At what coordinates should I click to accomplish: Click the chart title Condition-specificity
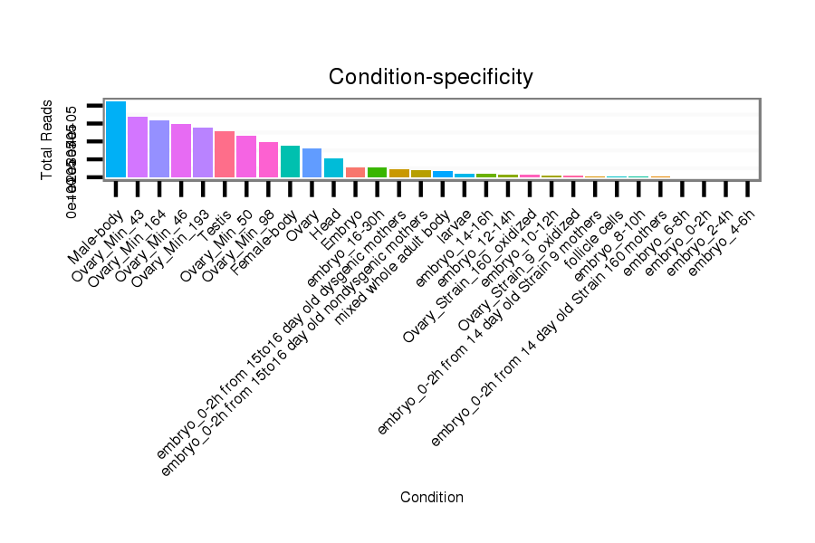(x=430, y=77)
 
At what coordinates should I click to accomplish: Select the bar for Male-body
(x=116, y=139)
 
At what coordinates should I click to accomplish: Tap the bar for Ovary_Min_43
(x=138, y=147)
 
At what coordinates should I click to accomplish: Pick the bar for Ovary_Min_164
(x=159, y=148)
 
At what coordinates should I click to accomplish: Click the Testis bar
(x=225, y=154)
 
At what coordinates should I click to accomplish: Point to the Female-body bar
(x=290, y=161)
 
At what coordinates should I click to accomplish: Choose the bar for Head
(x=333, y=167)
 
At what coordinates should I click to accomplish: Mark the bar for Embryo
(x=355, y=172)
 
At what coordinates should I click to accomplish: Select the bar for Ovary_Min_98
(x=268, y=159)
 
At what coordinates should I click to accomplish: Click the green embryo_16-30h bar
(x=377, y=172)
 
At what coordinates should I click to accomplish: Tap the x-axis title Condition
(x=432, y=497)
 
